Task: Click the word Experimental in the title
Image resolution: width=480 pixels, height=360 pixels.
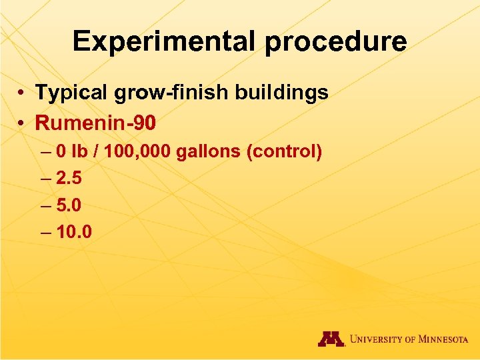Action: point(164,41)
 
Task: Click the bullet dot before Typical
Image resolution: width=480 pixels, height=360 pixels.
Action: point(22,93)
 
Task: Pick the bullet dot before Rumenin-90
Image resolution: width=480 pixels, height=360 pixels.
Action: point(22,123)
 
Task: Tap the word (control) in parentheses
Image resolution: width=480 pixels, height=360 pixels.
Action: point(285,153)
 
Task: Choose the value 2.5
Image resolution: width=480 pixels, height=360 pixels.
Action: point(69,179)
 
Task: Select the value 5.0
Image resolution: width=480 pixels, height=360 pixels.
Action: point(69,205)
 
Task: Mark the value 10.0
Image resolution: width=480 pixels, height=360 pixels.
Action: point(74,232)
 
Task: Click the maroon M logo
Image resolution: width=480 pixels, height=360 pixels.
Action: point(331,339)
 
